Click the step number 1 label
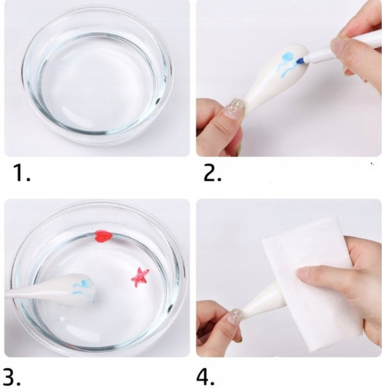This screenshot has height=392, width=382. pyautogui.click(x=22, y=173)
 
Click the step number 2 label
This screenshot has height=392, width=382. pyautogui.click(x=213, y=173)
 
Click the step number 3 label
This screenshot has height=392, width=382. pyautogui.click(x=12, y=377)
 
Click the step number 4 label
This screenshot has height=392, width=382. pyautogui.click(x=206, y=377)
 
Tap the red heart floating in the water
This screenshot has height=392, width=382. pyautogui.click(x=103, y=237)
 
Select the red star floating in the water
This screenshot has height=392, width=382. pyautogui.click(x=140, y=278)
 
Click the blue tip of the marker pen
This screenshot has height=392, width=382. pyautogui.click(x=301, y=61)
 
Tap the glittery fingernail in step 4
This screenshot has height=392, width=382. pyautogui.click(x=234, y=315)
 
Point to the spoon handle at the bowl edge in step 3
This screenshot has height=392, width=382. pyautogui.click(x=29, y=291)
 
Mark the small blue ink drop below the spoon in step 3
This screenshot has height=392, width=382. pyautogui.click(x=94, y=302)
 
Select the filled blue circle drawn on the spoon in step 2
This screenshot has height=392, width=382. pyautogui.click(x=288, y=56)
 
